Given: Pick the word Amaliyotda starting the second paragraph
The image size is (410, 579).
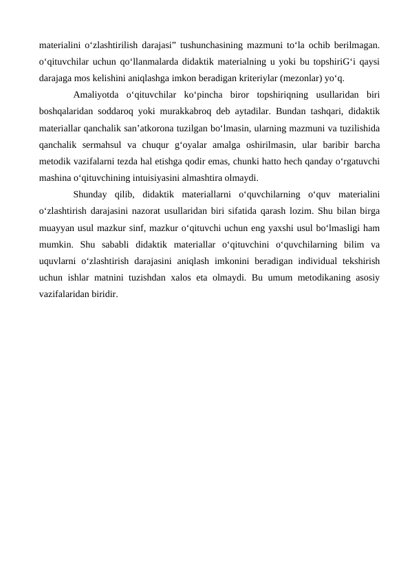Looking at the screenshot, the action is (96, 94).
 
